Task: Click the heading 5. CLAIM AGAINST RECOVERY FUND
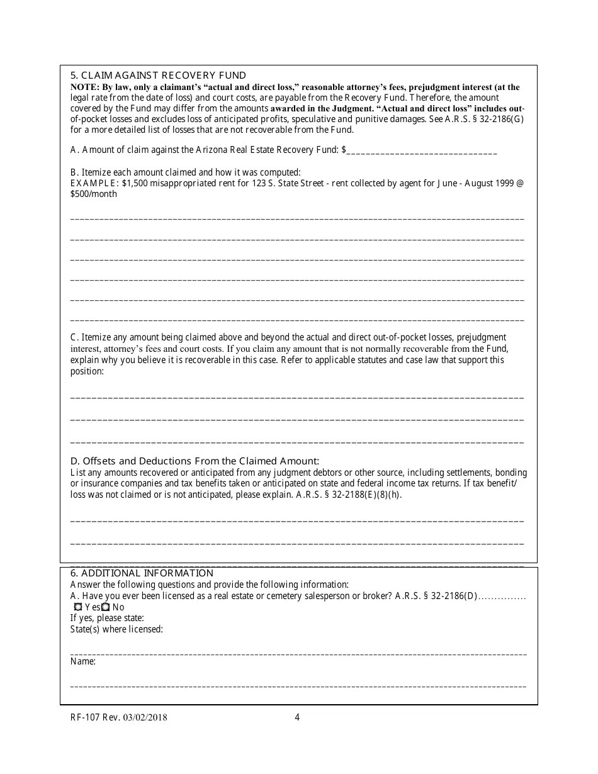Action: (158, 76)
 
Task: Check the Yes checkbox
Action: (78, 607)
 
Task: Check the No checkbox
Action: (106, 607)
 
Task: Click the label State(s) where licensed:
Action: (116, 629)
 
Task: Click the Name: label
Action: (83, 661)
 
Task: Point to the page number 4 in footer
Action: (297, 717)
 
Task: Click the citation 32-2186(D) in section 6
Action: (451, 596)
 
